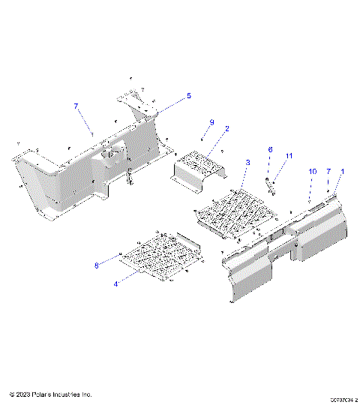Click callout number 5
click(x=189, y=96)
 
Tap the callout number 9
click(x=211, y=121)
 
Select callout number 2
click(x=226, y=128)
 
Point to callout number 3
click(x=247, y=163)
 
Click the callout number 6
click(x=270, y=150)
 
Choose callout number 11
click(x=287, y=155)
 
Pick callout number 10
click(x=313, y=172)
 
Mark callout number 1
click(x=343, y=172)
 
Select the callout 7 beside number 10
click(x=328, y=172)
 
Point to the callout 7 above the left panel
click(x=76, y=107)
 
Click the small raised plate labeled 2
click(x=196, y=166)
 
